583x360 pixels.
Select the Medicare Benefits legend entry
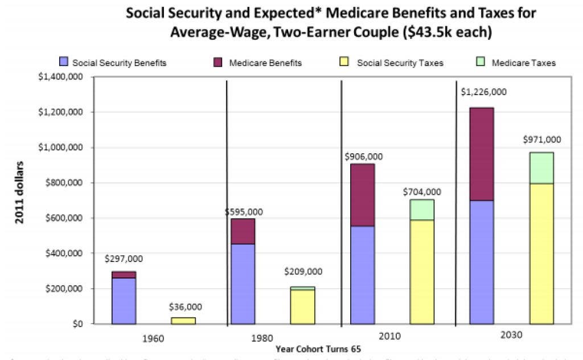(265, 63)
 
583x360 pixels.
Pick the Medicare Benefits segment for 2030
(482, 154)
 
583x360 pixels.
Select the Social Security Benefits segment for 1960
(124, 301)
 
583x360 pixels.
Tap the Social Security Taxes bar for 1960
(183, 321)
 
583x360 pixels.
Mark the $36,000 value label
(186, 308)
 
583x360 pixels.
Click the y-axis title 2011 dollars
(19, 193)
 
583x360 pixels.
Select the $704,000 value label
(422, 192)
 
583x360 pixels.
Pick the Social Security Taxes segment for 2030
(541, 253)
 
